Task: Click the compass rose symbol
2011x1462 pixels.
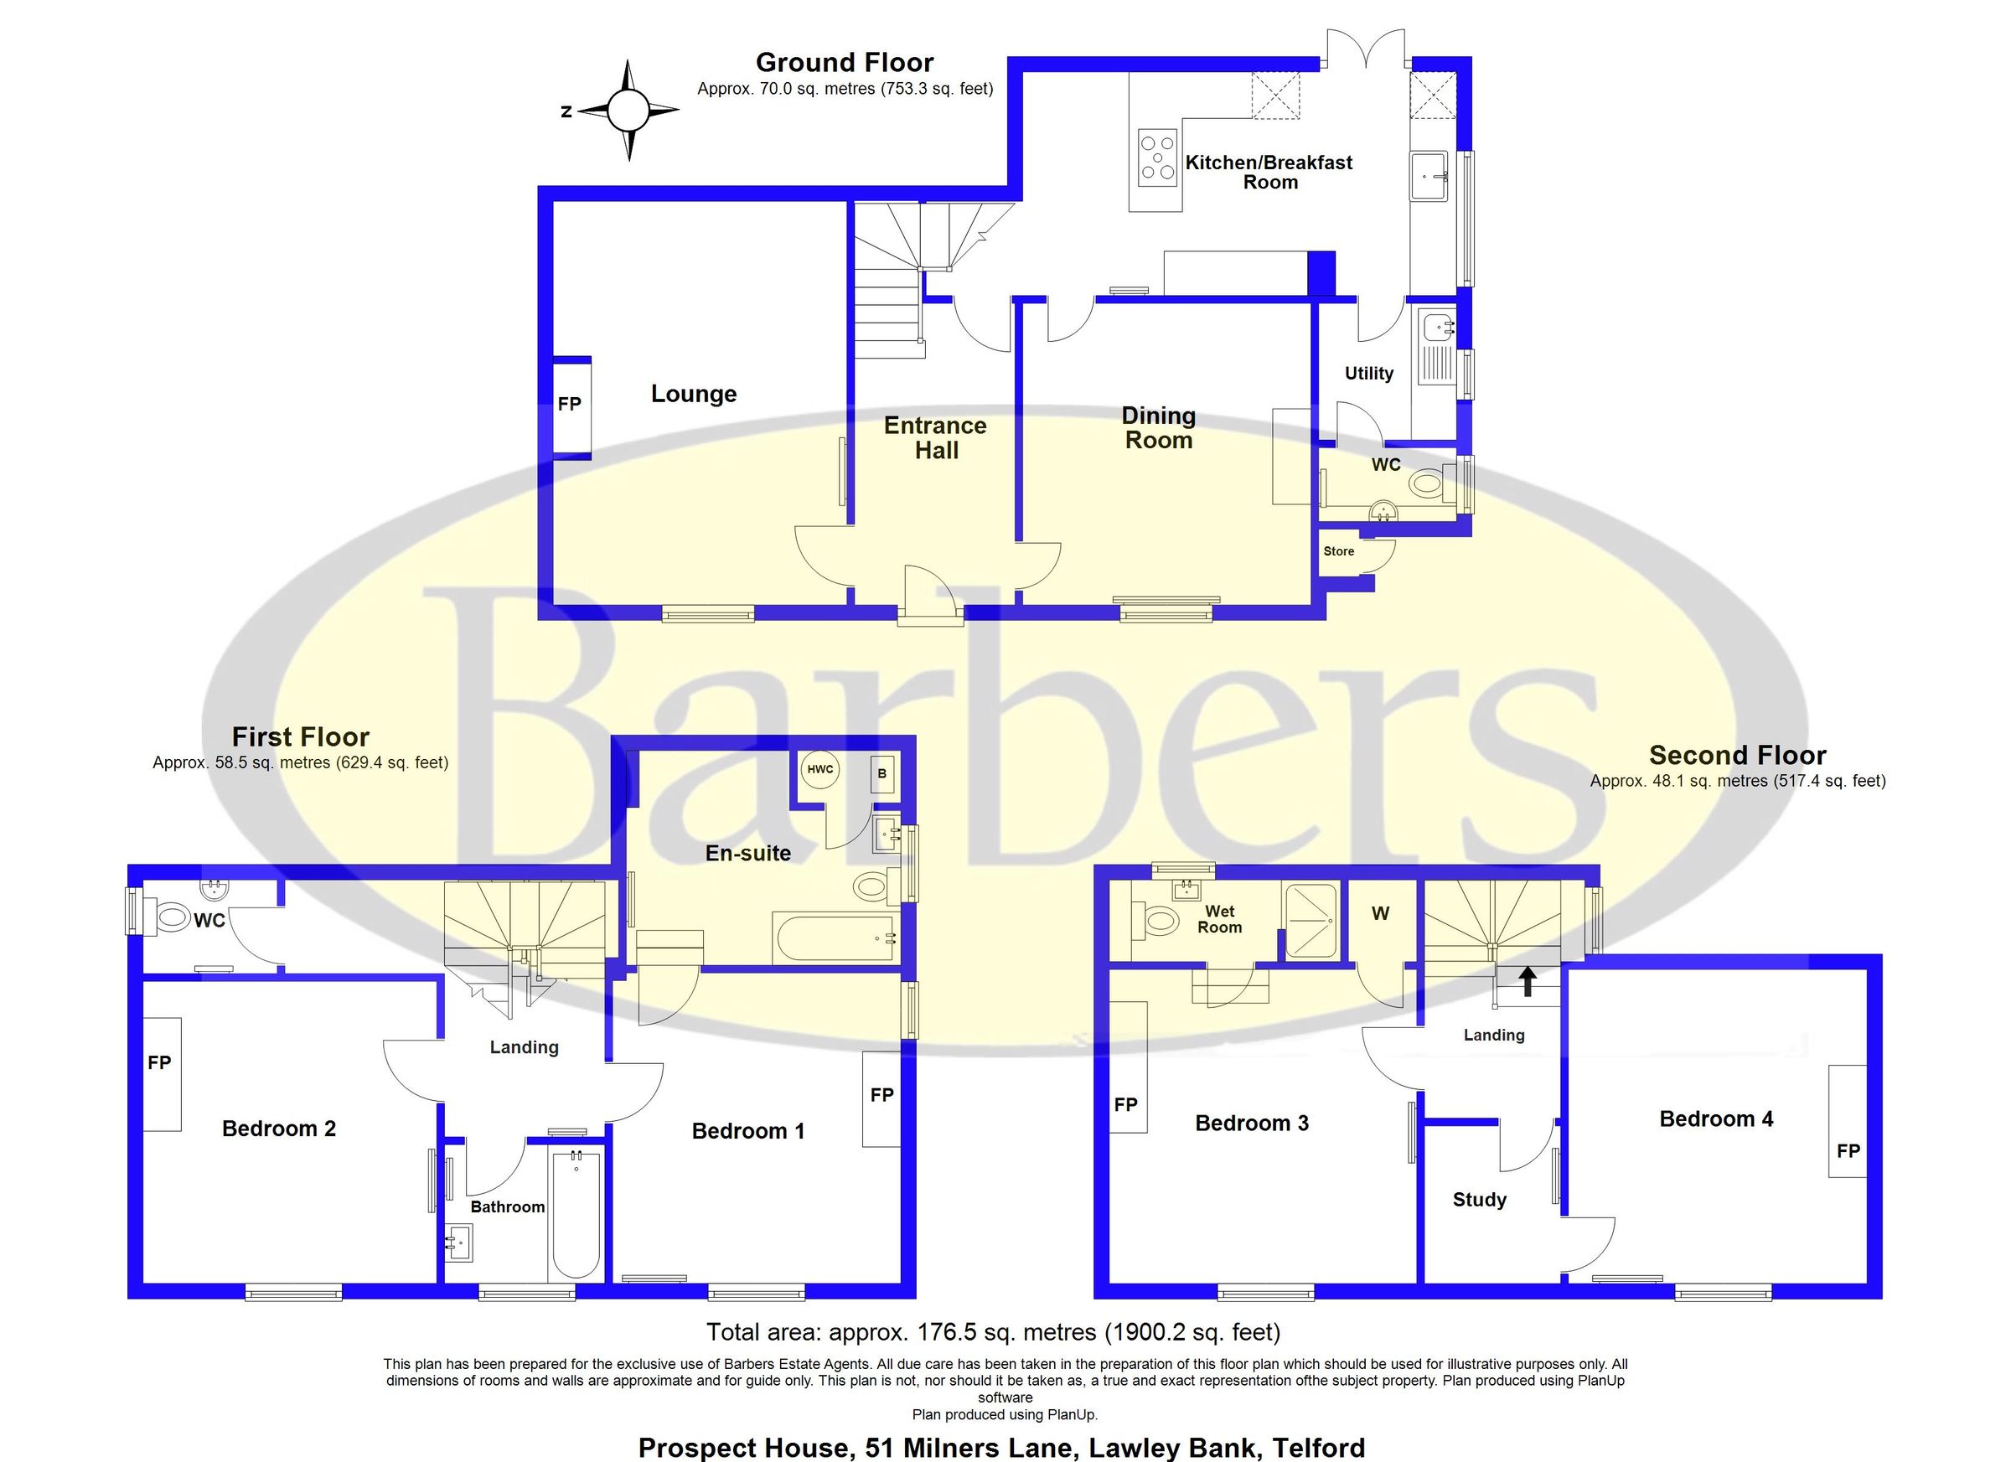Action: [x=628, y=111]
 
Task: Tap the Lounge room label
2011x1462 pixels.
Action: [x=694, y=394]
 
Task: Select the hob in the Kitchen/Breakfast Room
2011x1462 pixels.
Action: [x=1157, y=158]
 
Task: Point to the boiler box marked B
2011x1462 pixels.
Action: [x=881, y=774]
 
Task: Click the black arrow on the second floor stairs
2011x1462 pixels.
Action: [x=1527, y=981]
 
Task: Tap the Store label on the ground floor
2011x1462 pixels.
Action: [x=1338, y=551]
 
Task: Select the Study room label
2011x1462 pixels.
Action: [x=1479, y=1200]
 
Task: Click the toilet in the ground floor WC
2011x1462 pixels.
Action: [x=1427, y=484]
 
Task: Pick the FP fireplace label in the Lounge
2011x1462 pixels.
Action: [x=569, y=405]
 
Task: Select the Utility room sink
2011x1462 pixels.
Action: [x=1436, y=328]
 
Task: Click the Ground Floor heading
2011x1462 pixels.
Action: [x=844, y=63]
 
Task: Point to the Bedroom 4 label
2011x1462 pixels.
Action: [x=1716, y=1118]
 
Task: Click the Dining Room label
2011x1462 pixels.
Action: [x=1158, y=427]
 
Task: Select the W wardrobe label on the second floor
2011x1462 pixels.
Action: [x=1381, y=913]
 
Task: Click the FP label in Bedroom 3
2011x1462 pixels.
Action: [x=1125, y=1105]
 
